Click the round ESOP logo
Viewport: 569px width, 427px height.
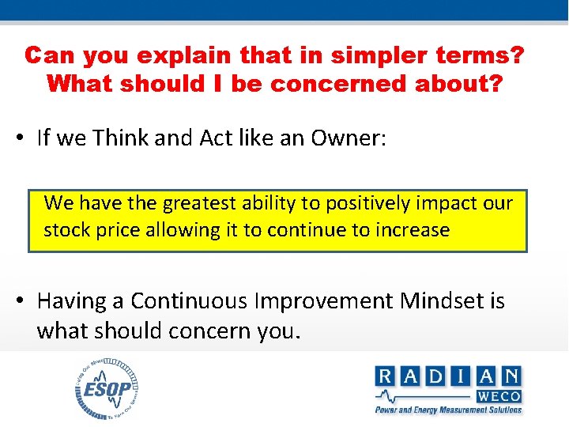(107, 389)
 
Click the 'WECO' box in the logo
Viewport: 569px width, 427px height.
(498, 396)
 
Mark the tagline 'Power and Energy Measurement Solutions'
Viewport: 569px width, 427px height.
(448, 410)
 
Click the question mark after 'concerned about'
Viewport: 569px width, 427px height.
(492, 84)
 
